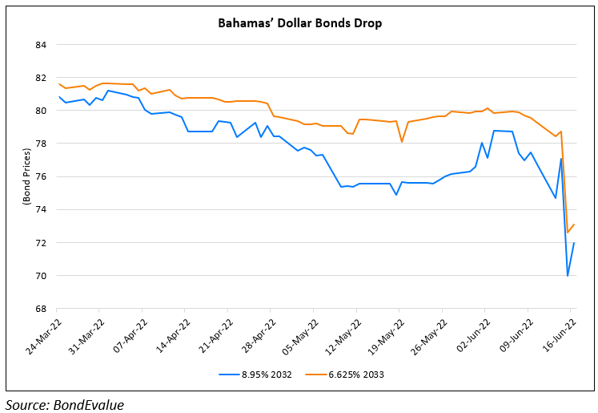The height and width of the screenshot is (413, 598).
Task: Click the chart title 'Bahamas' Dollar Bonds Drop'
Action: point(300,23)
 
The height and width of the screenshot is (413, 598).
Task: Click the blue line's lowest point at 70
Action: point(568,276)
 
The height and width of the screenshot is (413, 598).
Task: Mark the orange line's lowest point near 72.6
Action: point(568,233)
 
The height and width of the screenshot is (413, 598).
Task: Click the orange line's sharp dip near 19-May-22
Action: point(402,142)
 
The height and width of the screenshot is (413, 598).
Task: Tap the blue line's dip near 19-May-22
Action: point(396,194)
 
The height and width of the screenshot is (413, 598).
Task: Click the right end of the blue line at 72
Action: point(574,243)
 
